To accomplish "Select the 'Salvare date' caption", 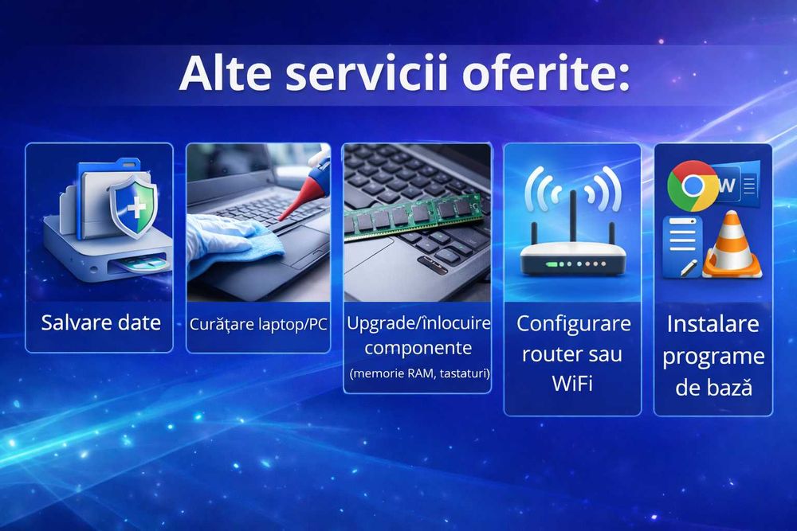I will [100, 322].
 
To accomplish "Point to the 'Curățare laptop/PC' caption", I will [258, 325].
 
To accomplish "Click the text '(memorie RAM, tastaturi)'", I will [418, 373].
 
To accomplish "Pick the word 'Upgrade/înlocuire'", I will [418, 323].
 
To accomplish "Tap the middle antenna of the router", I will [572, 215].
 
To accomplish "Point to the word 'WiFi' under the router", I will [572, 384].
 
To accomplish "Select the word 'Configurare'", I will [573, 323].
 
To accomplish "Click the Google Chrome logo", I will [691, 185].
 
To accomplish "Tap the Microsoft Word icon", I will [736, 185].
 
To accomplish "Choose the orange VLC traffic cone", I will [732, 246].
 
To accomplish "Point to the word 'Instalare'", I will [713, 324].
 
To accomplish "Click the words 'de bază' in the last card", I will [713, 388].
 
